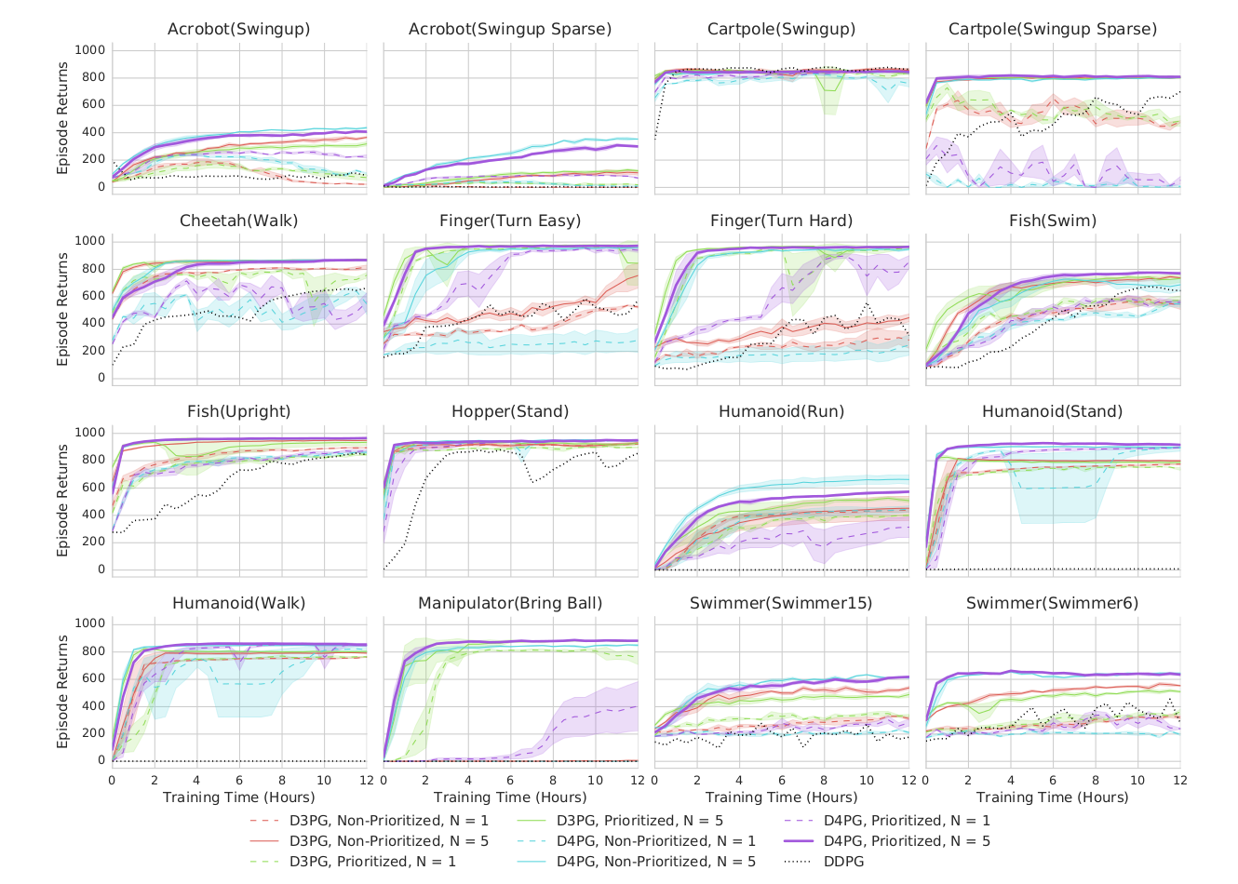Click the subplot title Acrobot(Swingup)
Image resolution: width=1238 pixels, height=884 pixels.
[x=238, y=29]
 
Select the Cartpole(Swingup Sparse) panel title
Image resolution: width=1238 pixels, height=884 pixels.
[x=1053, y=29]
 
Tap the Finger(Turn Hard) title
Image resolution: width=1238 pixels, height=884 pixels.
[x=781, y=221]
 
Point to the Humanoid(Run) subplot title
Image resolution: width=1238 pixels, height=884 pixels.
[x=781, y=411]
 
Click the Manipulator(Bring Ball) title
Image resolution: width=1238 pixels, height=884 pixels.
[x=510, y=603]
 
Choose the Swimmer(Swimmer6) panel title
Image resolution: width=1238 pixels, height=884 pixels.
[x=1053, y=603]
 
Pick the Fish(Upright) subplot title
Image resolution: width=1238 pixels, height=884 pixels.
[x=238, y=411]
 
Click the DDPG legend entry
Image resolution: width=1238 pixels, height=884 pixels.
[x=843, y=862]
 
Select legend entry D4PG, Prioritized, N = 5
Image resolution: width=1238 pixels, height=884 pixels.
[x=907, y=841]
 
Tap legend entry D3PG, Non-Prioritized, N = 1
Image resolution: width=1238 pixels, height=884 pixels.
[x=389, y=821]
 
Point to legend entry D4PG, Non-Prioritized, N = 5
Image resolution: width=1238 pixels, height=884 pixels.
[x=656, y=862]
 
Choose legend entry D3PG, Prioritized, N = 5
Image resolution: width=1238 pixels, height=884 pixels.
[x=639, y=821]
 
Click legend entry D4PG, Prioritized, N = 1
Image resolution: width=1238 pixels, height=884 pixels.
[x=907, y=821]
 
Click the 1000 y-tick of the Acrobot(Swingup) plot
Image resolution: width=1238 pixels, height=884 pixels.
[x=91, y=50]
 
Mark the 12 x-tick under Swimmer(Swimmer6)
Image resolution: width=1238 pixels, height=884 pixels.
[x=1179, y=780]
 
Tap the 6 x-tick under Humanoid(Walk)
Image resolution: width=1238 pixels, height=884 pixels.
[x=239, y=780]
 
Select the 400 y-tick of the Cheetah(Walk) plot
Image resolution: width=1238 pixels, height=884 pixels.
[x=95, y=323]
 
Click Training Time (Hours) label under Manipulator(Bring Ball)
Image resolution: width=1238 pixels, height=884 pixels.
[x=510, y=797]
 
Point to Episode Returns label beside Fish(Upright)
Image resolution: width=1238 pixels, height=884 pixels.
[x=63, y=501]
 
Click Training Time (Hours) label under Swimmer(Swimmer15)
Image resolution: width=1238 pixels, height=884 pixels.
[x=781, y=797]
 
